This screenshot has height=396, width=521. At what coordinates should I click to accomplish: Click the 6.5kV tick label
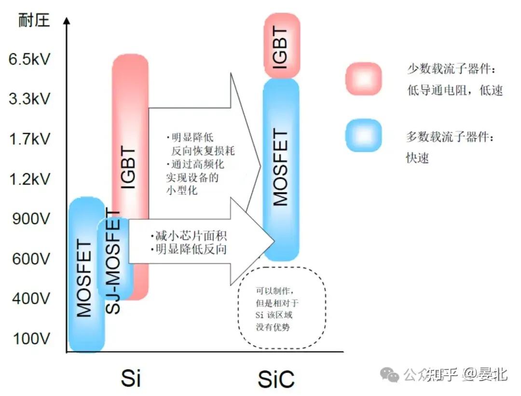(x=29, y=60)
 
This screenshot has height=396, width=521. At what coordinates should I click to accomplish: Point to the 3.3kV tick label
(x=29, y=100)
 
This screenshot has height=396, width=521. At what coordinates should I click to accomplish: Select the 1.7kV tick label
(x=29, y=140)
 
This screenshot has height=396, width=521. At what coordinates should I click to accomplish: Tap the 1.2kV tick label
(x=29, y=180)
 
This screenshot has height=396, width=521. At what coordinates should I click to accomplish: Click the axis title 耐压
(x=34, y=21)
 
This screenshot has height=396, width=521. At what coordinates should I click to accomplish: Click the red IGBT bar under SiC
(x=282, y=46)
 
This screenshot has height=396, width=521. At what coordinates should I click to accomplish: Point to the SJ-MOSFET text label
(x=113, y=263)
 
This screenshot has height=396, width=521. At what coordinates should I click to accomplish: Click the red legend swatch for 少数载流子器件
(x=363, y=79)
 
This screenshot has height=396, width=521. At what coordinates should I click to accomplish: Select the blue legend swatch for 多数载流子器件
(x=363, y=136)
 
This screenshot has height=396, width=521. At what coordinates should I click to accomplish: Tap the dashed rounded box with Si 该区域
(x=282, y=308)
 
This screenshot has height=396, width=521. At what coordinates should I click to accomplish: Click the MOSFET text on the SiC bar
(x=281, y=168)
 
